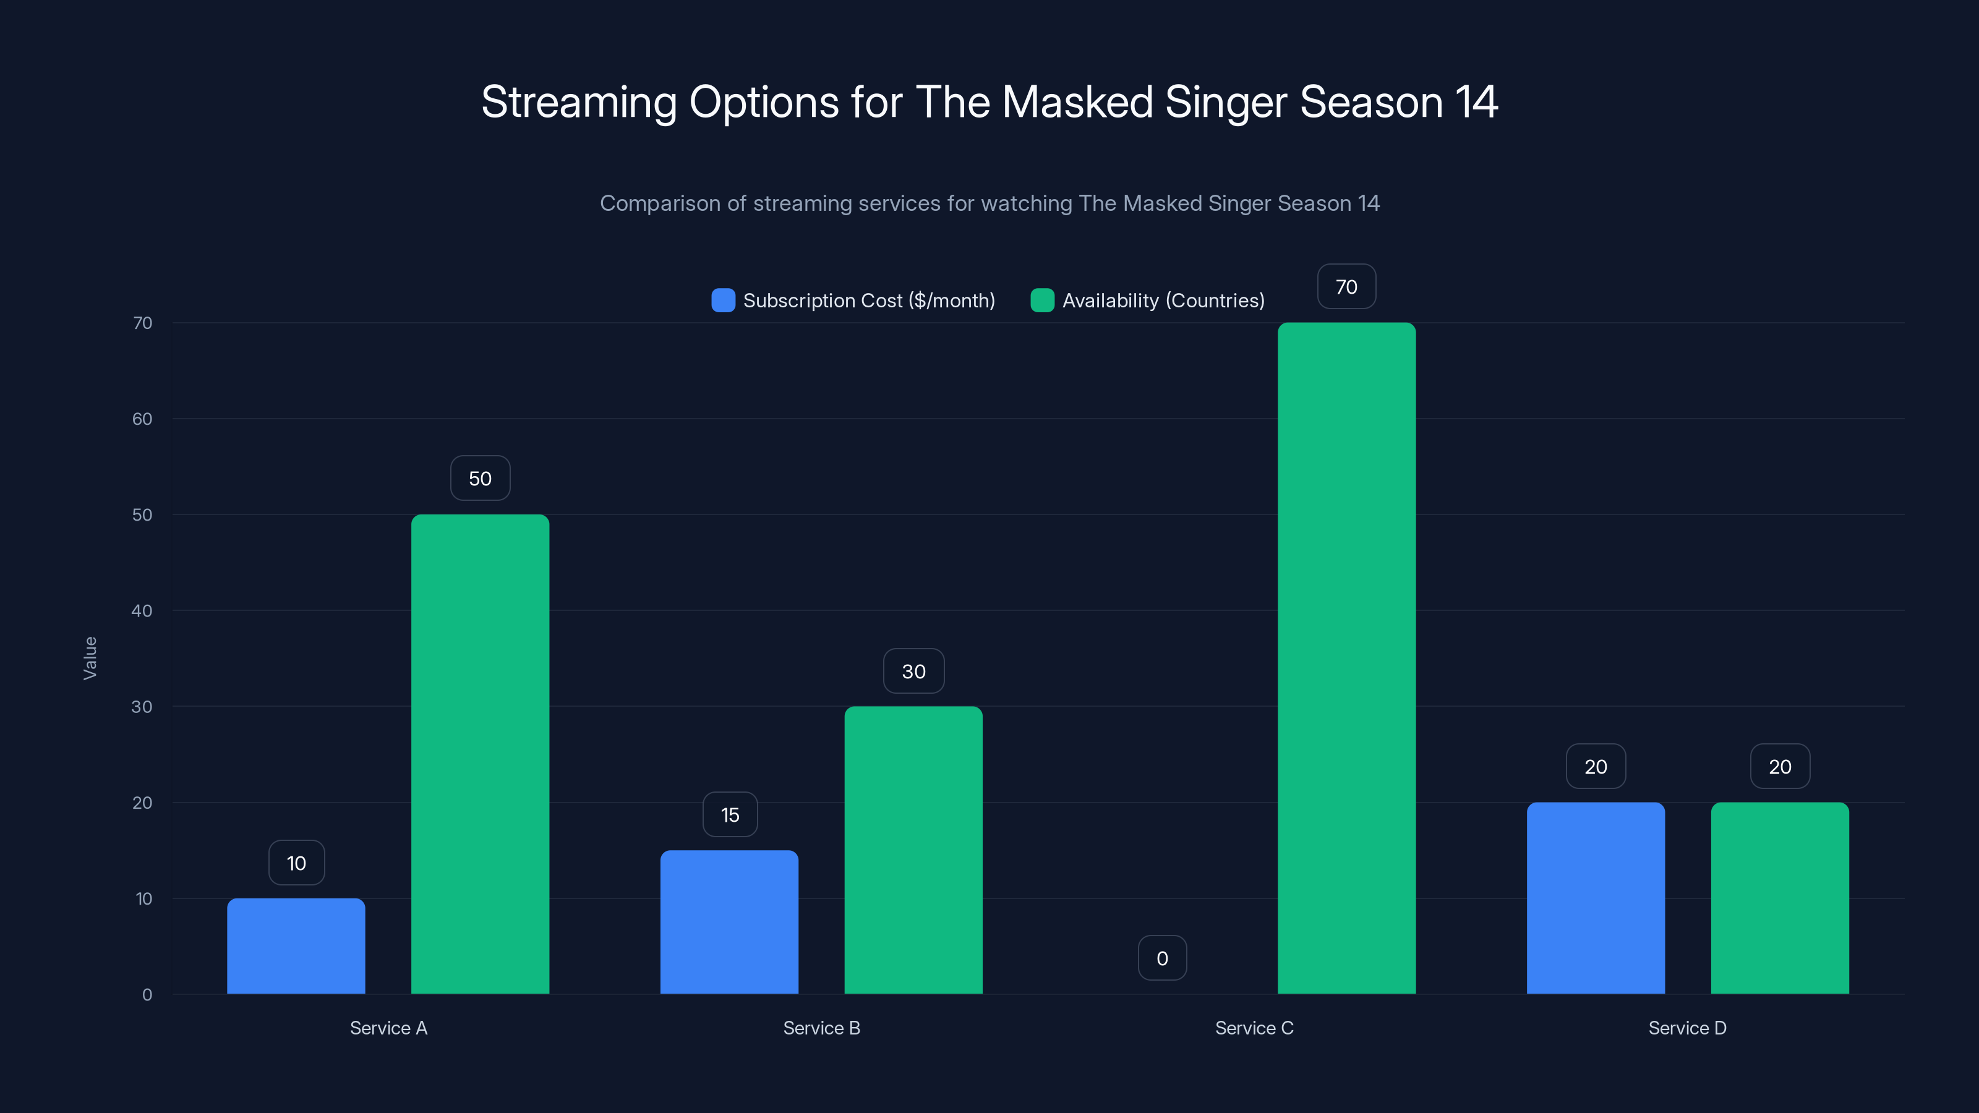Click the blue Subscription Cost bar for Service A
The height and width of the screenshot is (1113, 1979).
[x=296, y=945]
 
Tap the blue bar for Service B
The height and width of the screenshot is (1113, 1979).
[x=729, y=922]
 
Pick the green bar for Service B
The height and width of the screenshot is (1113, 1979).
[x=913, y=850]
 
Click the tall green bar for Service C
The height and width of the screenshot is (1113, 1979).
[x=1346, y=657]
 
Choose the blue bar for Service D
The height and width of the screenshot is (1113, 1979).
[x=1596, y=898]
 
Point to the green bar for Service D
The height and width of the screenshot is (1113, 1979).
[x=1779, y=898]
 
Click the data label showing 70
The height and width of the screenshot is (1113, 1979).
[x=1346, y=286]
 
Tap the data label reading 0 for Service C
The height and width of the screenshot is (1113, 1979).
[x=1161, y=958]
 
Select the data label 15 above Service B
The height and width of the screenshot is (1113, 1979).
[x=730, y=814]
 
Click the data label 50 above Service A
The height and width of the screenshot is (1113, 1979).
[x=480, y=478]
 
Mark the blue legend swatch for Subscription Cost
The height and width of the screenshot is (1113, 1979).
[x=723, y=301]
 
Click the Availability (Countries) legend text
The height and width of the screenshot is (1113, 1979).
[x=1163, y=301]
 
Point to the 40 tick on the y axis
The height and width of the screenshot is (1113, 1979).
[x=142, y=611]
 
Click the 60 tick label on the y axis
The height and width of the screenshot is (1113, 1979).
[x=142, y=419]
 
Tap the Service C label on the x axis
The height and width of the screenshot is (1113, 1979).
[x=1254, y=1028]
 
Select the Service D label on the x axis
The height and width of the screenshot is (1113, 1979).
[x=1687, y=1028]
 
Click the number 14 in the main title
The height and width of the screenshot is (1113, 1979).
[x=1476, y=102]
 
